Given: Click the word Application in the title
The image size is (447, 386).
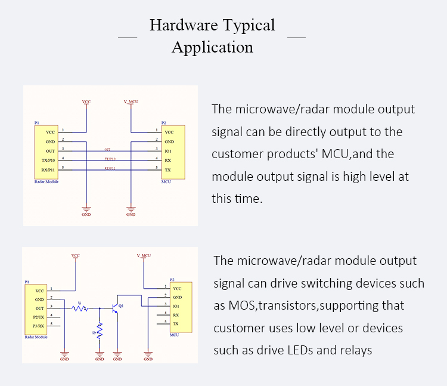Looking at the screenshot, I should pyautogui.click(x=212, y=47).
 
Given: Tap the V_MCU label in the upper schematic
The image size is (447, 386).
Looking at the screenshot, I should pyautogui.click(x=131, y=102).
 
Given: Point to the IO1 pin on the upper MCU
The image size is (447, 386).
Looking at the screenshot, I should pyautogui.click(x=169, y=152).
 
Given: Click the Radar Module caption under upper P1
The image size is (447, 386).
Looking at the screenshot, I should pyautogui.click(x=46, y=179).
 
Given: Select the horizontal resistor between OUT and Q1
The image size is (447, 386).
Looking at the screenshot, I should pyautogui.click(x=79, y=308).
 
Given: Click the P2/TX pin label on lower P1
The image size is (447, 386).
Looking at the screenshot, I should pyautogui.click(x=39, y=317).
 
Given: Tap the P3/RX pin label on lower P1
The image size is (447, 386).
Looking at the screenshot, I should pyautogui.click(x=39, y=326).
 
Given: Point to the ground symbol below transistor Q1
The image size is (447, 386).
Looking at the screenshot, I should pyautogui.click(x=117, y=356).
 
